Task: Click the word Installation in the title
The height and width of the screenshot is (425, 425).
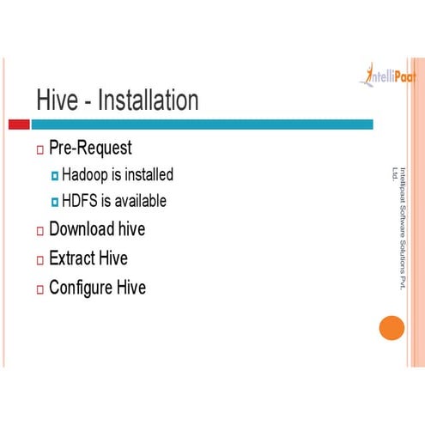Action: click(x=149, y=100)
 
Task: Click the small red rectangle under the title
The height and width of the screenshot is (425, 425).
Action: click(x=18, y=124)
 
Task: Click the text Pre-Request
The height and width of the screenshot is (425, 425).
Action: click(x=90, y=148)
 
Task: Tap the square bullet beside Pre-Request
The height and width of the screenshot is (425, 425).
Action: click(x=39, y=150)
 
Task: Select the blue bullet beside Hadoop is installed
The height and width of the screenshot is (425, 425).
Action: click(x=54, y=176)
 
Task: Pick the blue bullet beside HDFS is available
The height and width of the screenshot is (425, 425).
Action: click(x=54, y=203)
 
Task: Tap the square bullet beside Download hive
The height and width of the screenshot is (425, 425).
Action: click(x=39, y=231)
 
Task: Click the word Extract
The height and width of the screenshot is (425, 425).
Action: click(x=72, y=258)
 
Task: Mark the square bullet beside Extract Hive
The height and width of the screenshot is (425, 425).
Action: click(x=39, y=259)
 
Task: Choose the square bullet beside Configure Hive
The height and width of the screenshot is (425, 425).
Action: click(x=39, y=288)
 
